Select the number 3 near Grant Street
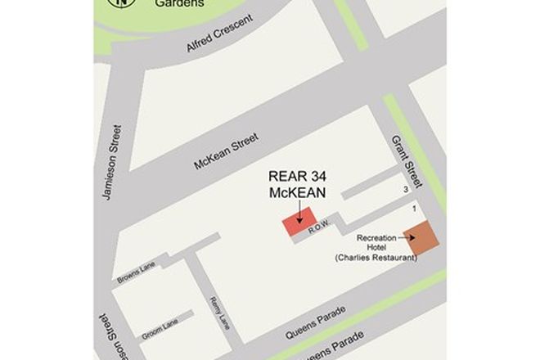pos(406,190)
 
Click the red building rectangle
pos(297,225)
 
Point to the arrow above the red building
pos(299,210)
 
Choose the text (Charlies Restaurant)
pos(376,258)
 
